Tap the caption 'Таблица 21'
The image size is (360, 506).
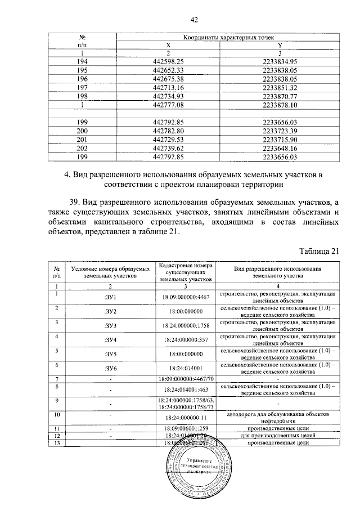tap(319, 251)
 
